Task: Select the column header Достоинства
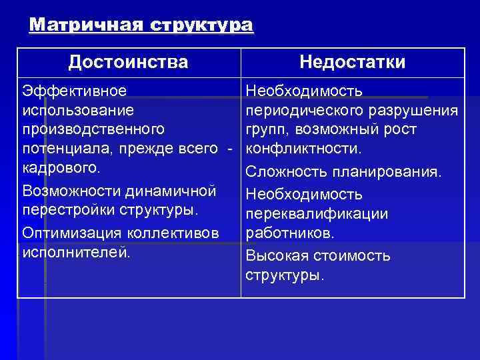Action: (x=128, y=63)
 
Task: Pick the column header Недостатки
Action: (x=352, y=63)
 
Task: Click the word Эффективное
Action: (x=75, y=89)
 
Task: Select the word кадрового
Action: (x=61, y=165)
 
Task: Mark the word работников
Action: (x=290, y=233)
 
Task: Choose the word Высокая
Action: (x=274, y=256)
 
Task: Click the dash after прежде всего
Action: (x=229, y=146)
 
